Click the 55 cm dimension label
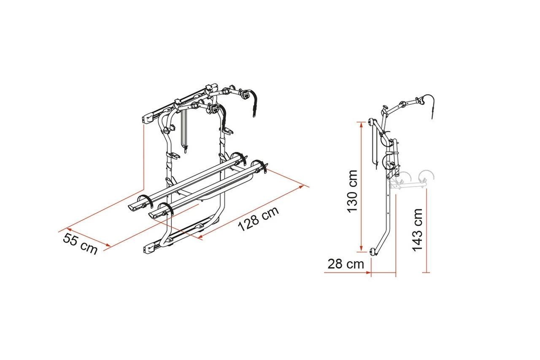(x=80, y=244)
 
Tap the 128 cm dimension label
(x=259, y=219)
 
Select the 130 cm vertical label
(x=352, y=192)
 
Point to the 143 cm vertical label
(x=418, y=230)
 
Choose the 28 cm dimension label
(x=346, y=264)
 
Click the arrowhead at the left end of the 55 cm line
(x=69, y=229)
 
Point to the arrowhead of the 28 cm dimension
(x=369, y=273)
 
